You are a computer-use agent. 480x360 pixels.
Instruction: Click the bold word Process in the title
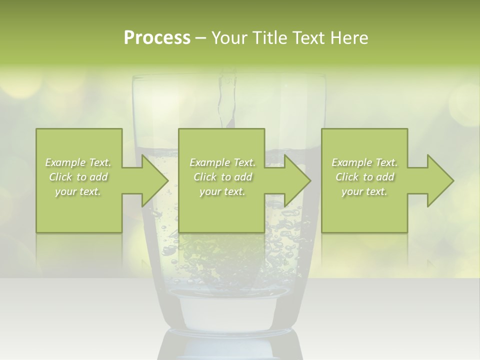click(157, 38)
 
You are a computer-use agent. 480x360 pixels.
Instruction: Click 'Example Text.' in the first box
click(78, 162)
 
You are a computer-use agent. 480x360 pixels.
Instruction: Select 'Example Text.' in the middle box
click(222, 162)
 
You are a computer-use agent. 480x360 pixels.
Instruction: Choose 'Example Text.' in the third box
click(364, 162)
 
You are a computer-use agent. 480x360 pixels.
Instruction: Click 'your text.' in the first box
click(78, 191)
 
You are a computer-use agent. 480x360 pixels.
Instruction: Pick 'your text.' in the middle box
click(222, 191)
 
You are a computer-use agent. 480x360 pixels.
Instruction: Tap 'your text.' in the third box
click(364, 191)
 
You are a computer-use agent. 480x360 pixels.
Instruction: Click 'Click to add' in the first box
click(78, 177)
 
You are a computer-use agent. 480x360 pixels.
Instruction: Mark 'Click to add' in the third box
click(364, 177)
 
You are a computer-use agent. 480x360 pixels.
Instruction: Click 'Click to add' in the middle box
click(222, 177)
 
